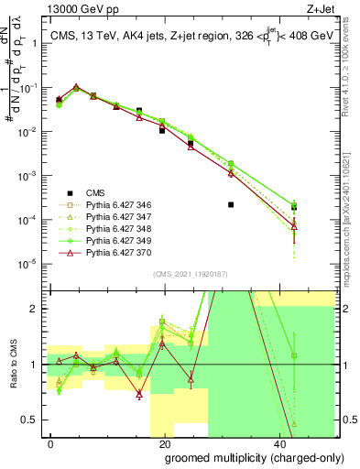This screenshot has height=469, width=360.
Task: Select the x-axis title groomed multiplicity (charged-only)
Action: pyautogui.click(x=243, y=455)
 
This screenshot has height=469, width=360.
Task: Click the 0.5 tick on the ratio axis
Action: pyautogui.click(x=34, y=420)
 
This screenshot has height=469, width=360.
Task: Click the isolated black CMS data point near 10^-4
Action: pyautogui.click(x=231, y=204)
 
